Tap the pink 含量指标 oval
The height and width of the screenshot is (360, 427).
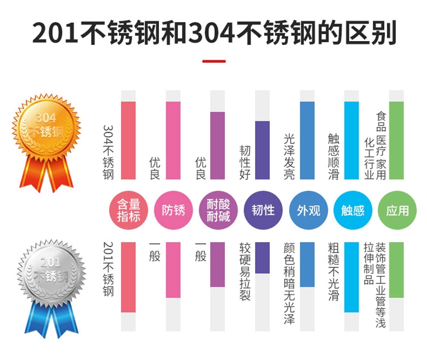click(128, 210)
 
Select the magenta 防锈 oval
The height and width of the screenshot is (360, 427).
click(174, 210)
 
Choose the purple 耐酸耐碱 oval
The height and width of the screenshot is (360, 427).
click(218, 210)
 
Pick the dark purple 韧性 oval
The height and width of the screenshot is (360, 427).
click(262, 210)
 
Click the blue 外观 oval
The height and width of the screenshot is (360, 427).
click(308, 210)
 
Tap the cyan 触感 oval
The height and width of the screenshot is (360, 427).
click(352, 210)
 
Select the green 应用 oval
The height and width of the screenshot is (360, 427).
click(397, 210)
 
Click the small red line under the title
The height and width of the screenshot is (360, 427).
click(213, 61)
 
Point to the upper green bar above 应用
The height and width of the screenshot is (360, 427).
click(396, 140)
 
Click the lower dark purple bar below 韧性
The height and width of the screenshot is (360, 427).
click(262, 257)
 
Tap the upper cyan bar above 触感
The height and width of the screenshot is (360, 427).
click(352, 140)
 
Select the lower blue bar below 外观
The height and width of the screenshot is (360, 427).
click(307, 264)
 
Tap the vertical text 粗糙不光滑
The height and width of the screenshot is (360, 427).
click(334, 272)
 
